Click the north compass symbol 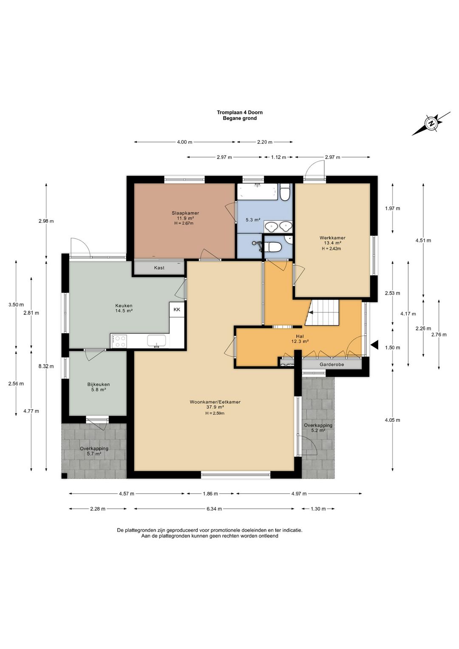[x=431, y=123]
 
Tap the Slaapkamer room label [x=185, y=213]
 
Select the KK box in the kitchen [x=177, y=310]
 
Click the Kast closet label [x=159, y=268]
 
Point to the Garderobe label [x=332, y=364]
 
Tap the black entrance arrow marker [x=375, y=345]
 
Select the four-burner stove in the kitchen [x=119, y=341]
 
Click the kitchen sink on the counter [x=156, y=341]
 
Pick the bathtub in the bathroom [x=257, y=191]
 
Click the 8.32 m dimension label [x=46, y=366]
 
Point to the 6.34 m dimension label [x=214, y=509]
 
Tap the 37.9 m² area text [x=215, y=407]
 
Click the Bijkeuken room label [x=99, y=384]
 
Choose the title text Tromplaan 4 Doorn [x=240, y=112]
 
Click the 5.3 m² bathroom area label [x=252, y=219]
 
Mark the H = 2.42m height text [x=331, y=248]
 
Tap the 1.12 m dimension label [x=278, y=157]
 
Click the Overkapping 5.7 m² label [x=94, y=451]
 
